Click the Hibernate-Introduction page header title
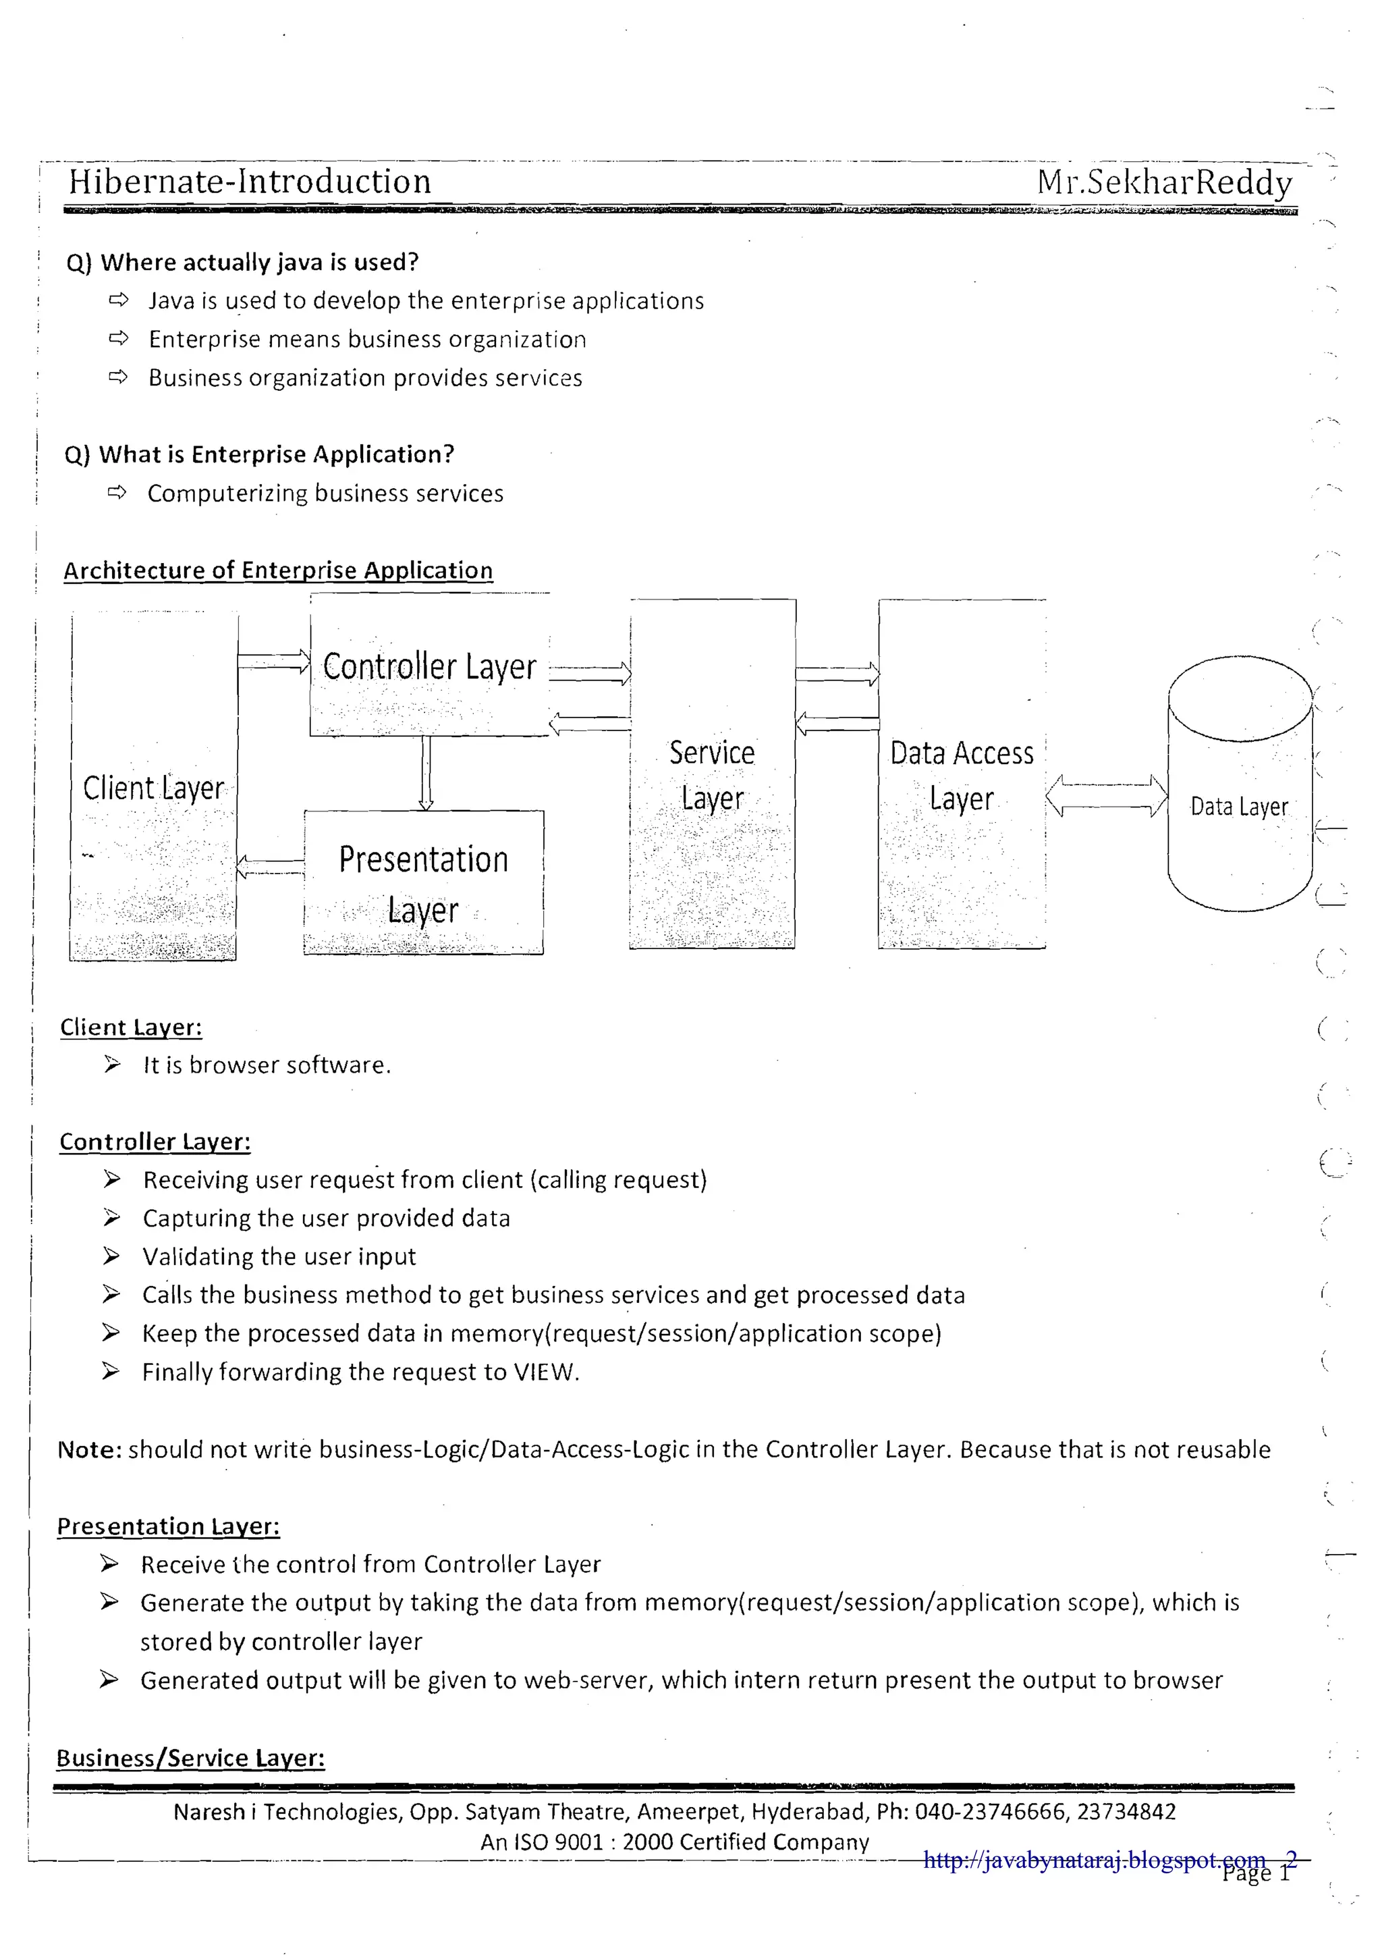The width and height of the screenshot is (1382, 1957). click(250, 182)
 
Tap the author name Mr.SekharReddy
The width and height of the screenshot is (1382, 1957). click(1164, 182)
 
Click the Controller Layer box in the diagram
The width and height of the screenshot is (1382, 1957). click(429, 666)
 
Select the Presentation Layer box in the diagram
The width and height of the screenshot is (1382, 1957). click(424, 883)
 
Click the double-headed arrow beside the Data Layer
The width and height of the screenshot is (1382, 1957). click(1106, 796)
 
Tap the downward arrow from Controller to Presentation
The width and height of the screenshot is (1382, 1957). click(426, 772)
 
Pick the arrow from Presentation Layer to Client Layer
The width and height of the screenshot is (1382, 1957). click(270, 867)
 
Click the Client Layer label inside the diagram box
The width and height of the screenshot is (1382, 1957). click(153, 788)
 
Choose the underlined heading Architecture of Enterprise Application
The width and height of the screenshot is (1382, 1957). click(278, 570)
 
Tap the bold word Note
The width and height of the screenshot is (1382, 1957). click(90, 1449)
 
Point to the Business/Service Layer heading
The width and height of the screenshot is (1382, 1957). click(191, 1758)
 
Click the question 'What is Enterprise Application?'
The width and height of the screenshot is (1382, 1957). click(276, 454)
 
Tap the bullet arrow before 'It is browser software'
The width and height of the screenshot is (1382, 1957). click(111, 1065)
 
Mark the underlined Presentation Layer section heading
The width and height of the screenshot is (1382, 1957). click(169, 1526)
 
